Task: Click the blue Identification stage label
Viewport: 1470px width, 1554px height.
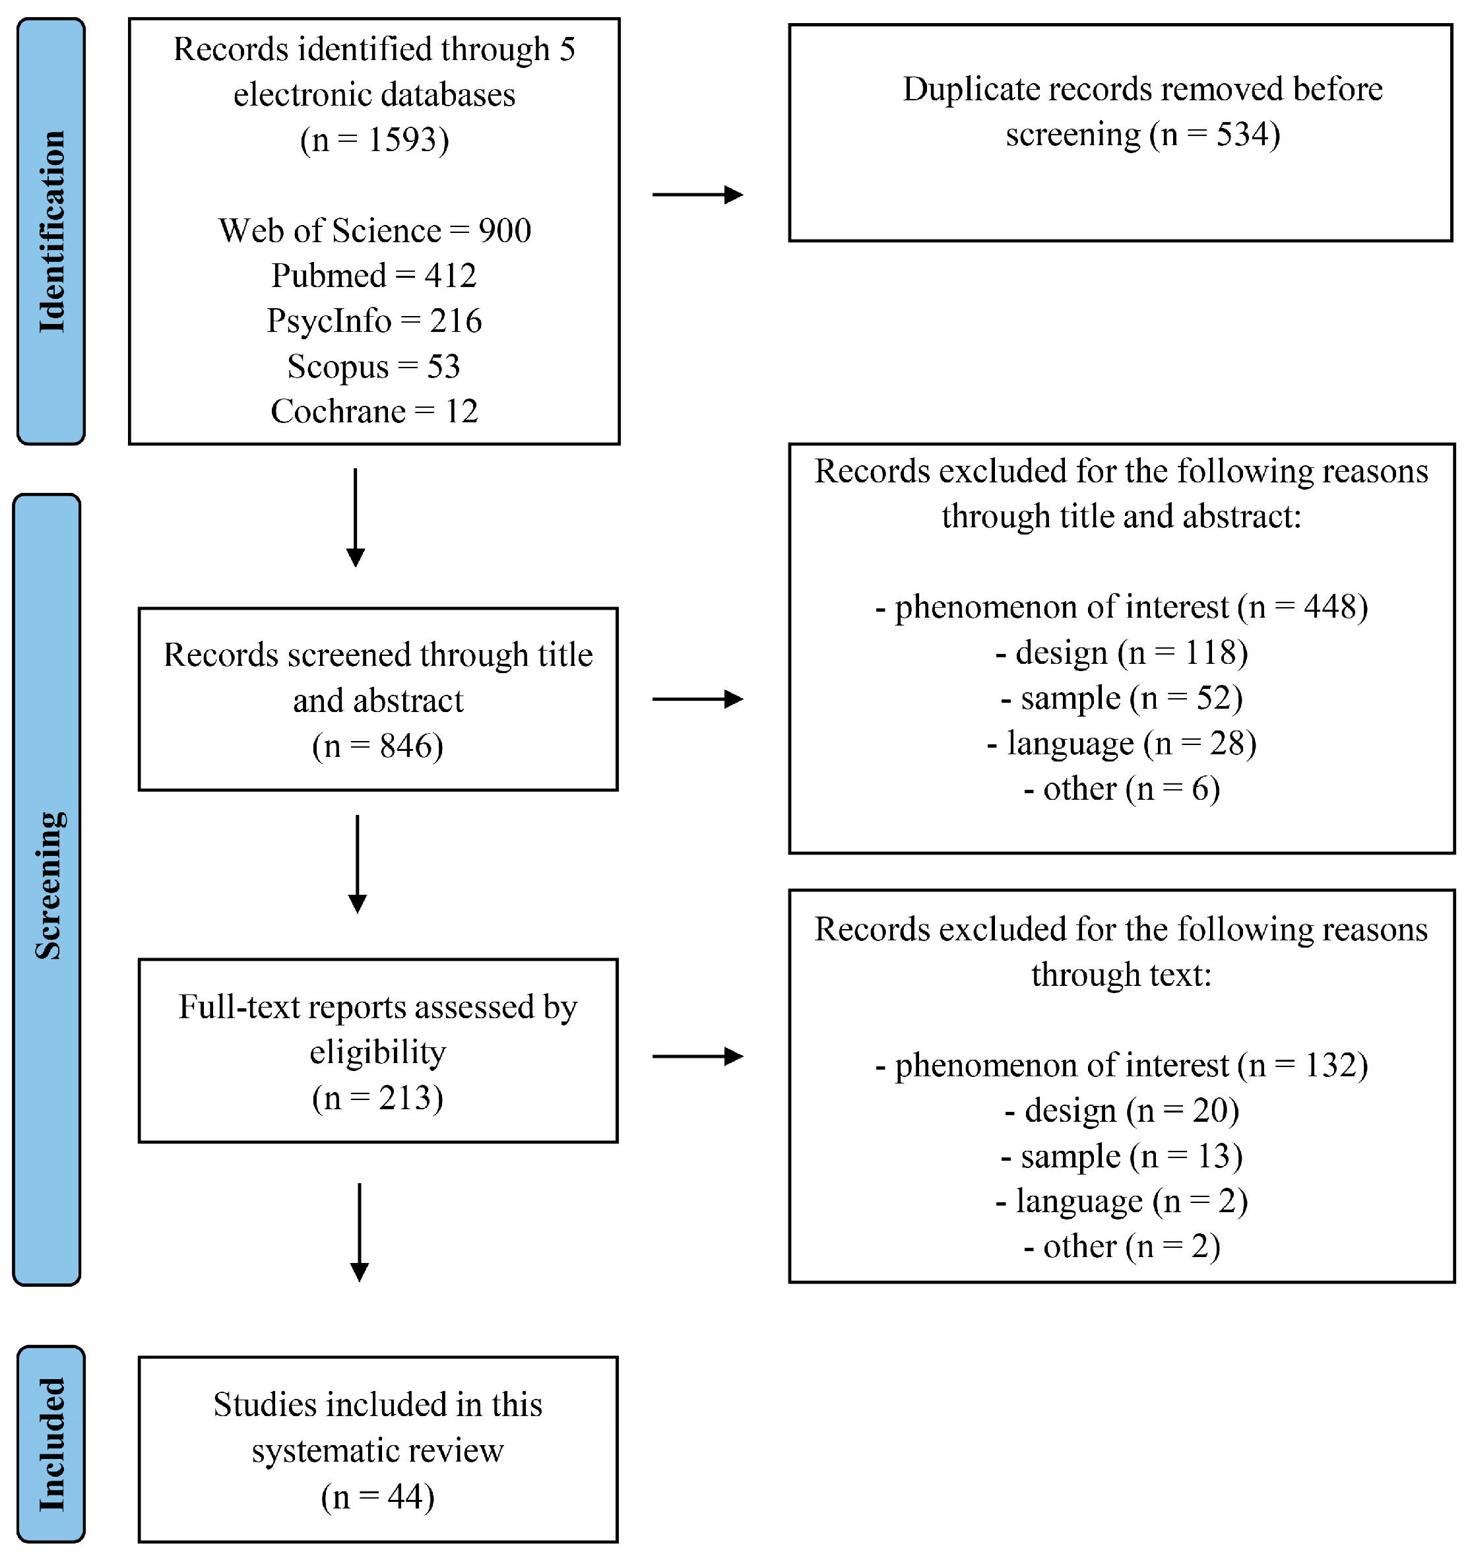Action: coord(51,231)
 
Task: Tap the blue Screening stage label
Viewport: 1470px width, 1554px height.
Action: coord(47,890)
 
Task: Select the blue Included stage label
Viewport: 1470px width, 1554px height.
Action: coord(51,1444)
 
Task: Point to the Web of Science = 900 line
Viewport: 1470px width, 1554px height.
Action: coord(375,231)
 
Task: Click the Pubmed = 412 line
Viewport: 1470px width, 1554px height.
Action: coord(374,276)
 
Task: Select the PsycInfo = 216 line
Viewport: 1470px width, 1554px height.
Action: coord(374,321)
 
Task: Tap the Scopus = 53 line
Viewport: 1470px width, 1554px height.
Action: coord(374,367)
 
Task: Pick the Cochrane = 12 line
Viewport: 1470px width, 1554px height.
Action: coord(374,411)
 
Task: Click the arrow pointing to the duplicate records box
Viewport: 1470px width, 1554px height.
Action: coord(697,195)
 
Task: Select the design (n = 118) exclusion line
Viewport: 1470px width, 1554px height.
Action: coord(1122,653)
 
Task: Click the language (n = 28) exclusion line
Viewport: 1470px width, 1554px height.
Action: coord(1122,744)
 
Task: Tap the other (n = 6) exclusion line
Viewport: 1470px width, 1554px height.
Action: coord(1122,789)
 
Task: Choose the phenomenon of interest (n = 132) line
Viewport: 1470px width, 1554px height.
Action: coord(1122,1066)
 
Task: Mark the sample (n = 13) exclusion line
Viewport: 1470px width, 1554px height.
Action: coord(1122,1157)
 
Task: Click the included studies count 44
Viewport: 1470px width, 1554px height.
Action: coord(405,1497)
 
